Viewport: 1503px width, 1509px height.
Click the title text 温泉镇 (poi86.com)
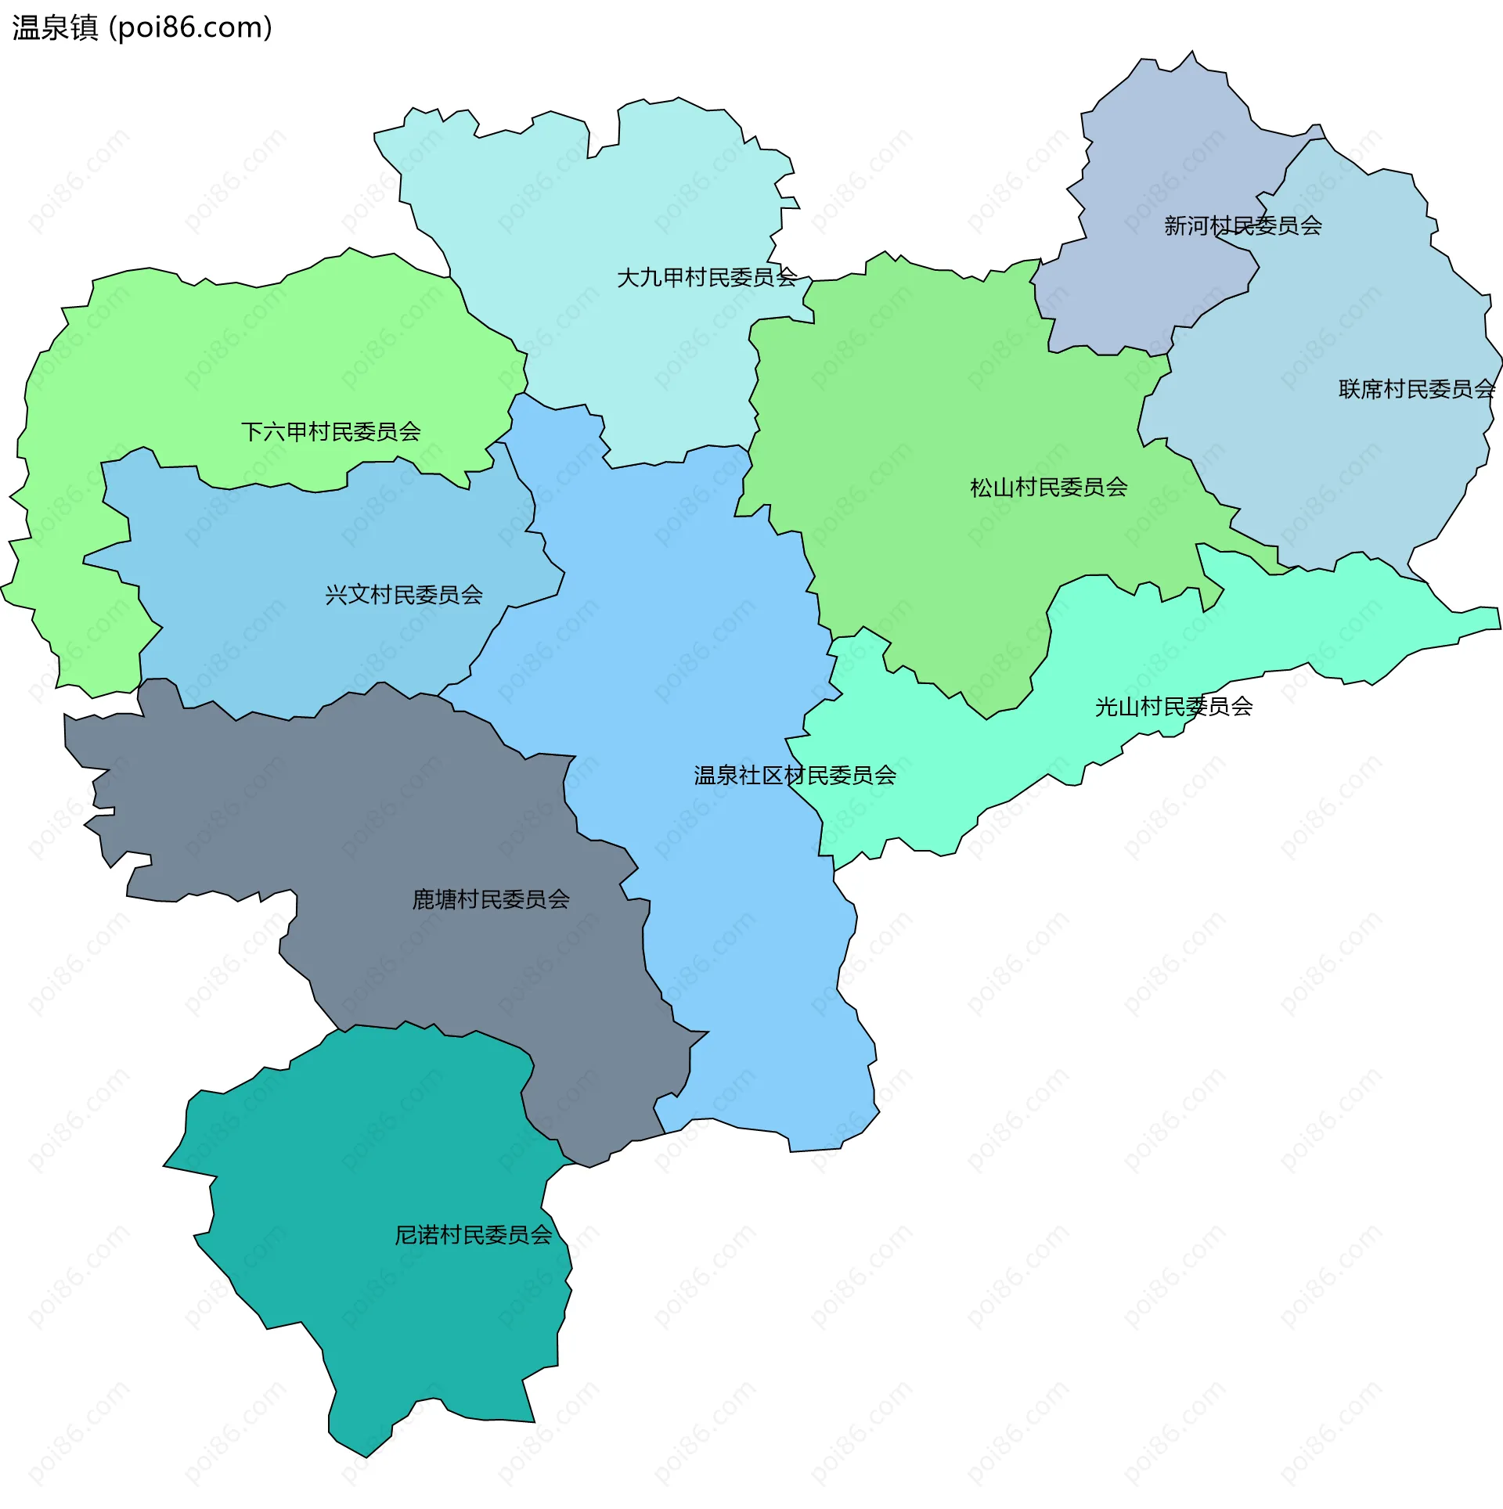point(142,28)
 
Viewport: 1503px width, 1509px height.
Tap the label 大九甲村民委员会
point(707,277)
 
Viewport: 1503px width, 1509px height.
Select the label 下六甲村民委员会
point(330,431)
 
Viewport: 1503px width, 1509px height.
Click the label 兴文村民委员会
point(404,595)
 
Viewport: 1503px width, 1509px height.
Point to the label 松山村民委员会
point(1049,488)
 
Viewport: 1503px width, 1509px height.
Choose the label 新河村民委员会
point(1242,226)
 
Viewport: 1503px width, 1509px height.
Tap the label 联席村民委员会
point(1416,389)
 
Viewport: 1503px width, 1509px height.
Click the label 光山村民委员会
point(1173,707)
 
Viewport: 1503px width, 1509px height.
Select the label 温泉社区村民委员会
point(795,776)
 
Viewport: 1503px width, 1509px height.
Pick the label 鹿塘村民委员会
point(491,899)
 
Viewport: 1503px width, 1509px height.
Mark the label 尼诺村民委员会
point(473,1235)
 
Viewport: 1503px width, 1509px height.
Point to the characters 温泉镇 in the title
point(55,28)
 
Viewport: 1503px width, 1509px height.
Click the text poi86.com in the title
point(190,28)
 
